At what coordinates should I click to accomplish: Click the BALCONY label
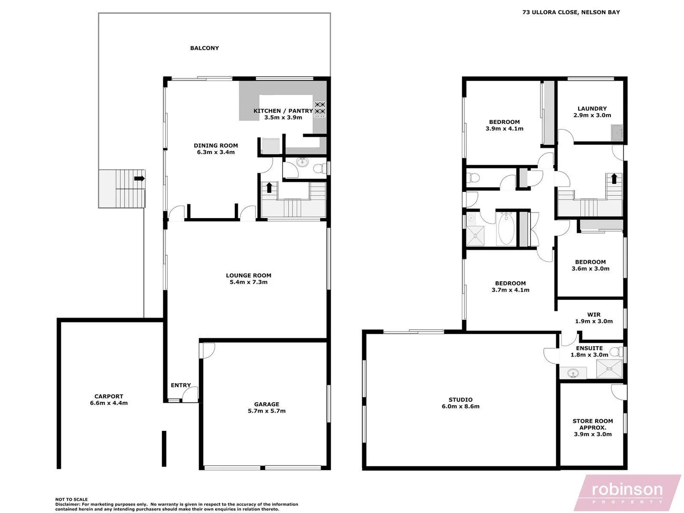click(x=204, y=48)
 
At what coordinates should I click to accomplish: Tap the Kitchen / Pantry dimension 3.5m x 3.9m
click(x=283, y=117)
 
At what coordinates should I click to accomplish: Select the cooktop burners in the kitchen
click(x=320, y=108)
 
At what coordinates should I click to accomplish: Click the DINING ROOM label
click(x=216, y=146)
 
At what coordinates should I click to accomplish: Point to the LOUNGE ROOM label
click(x=248, y=275)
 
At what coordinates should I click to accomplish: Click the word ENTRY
click(x=181, y=385)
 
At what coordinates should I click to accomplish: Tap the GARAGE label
click(x=266, y=404)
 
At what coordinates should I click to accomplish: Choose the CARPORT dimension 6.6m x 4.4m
click(x=109, y=403)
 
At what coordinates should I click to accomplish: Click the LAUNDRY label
click(x=592, y=108)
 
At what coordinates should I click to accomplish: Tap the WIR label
click(x=594, y=314)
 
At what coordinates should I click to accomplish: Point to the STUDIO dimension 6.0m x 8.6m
click(x=460, y=407)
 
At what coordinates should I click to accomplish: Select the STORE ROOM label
click(x=593, y=421)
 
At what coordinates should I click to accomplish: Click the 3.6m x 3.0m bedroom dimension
click(x=590, y=269)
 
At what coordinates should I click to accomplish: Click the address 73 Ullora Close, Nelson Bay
click(x=571, y=12)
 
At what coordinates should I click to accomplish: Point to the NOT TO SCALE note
click(x=72, y=499)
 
